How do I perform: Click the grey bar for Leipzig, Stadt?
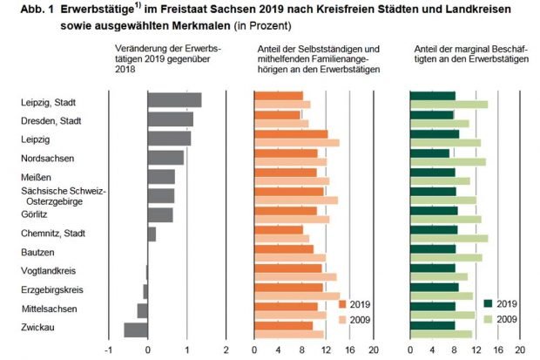tap(174, 100)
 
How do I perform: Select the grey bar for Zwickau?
tap(136, 329)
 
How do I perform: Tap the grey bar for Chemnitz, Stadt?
tap(152, 234)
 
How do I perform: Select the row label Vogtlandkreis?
tap(45, 271)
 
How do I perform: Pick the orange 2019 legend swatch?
tap(341, 303)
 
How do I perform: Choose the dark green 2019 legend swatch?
tap(488, 303)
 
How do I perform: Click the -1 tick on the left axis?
tap(107, 350)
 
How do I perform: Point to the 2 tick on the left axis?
tap(226, 350)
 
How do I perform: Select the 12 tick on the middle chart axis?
tap(325, 350)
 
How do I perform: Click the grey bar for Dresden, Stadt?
tap(170, 119)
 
